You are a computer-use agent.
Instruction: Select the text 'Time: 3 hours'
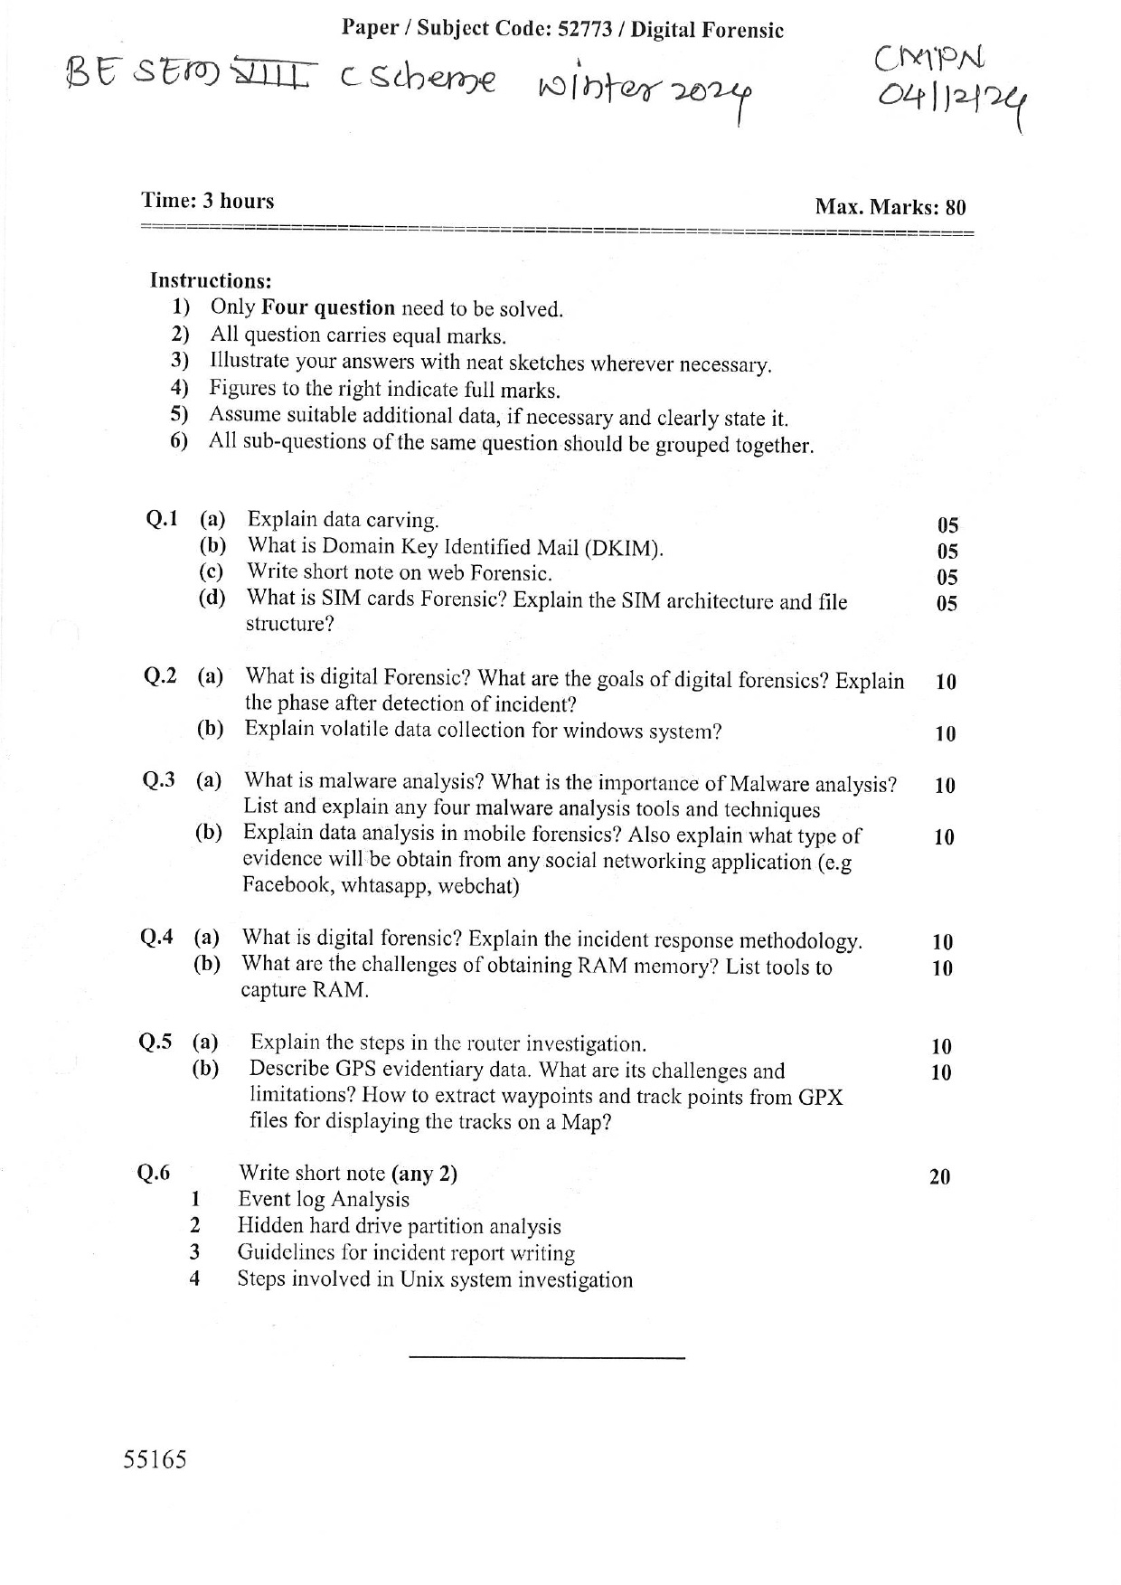(207, 201)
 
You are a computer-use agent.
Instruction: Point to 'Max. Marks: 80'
(890, 207)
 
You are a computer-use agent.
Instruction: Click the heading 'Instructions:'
(211, 281)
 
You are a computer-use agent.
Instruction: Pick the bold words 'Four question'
(327, 308)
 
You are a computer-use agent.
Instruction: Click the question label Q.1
(162, 519)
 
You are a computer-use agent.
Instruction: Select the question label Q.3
(159, 779)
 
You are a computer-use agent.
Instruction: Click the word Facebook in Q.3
(286, 885)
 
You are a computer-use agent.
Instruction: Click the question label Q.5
(155, 1042)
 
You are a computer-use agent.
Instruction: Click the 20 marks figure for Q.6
(939, 1176)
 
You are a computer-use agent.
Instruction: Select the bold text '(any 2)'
(424, 1174)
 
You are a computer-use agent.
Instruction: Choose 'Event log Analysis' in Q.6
(323, 1200)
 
